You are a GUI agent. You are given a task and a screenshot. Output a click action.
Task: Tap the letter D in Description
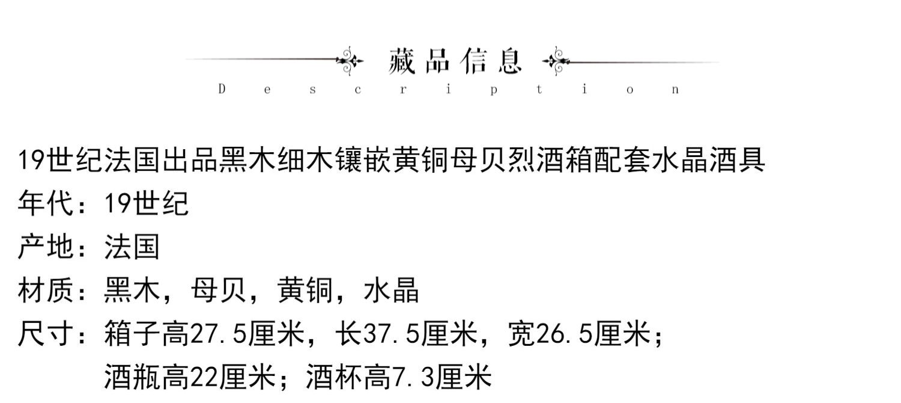222,90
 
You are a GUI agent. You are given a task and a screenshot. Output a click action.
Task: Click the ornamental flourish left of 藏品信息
350,61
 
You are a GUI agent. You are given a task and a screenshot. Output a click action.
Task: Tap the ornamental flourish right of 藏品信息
556,61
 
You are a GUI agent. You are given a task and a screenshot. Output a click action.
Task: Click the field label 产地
46,247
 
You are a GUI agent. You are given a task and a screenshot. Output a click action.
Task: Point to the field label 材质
46,291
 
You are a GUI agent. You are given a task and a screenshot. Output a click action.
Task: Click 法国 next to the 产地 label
132,247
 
